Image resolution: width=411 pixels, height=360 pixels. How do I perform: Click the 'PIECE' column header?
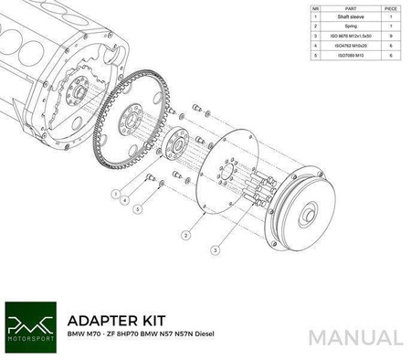[x=391, y=7]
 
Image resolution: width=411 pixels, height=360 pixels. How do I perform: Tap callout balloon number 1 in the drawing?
[x=115, y=195]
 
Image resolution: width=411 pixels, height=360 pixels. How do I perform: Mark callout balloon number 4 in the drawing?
[x=124, y=201]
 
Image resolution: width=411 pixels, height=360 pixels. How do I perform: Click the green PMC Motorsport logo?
[x=30, y=324]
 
